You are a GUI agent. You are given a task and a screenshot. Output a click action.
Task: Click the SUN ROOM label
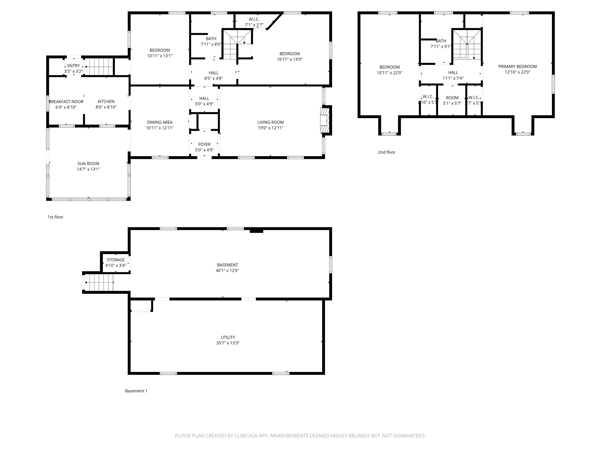tap(88, 163)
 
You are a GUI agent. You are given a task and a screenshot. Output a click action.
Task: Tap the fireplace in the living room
tap(324, 120)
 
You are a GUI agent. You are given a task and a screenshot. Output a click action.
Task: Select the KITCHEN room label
tap(106, 101)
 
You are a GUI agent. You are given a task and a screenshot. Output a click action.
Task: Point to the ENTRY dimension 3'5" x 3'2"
tap(73, 71)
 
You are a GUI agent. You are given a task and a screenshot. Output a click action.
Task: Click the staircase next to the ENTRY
tap(99, 67)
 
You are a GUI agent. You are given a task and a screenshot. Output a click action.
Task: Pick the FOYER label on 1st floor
tap(204, 144)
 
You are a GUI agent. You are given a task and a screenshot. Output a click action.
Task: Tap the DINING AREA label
tap(160, 122)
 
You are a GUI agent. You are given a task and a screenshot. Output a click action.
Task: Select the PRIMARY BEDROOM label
tap(517, 66)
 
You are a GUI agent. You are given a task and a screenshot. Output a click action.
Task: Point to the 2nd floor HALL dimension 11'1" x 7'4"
tap(453, 78)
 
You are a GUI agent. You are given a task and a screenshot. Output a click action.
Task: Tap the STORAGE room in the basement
tap(115, 262)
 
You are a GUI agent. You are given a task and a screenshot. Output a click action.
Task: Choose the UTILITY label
tap(228, 337)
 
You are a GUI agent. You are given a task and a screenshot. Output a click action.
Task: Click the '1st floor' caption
tap(55, 217)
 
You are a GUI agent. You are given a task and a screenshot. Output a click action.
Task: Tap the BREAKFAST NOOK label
tap(66, 101)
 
